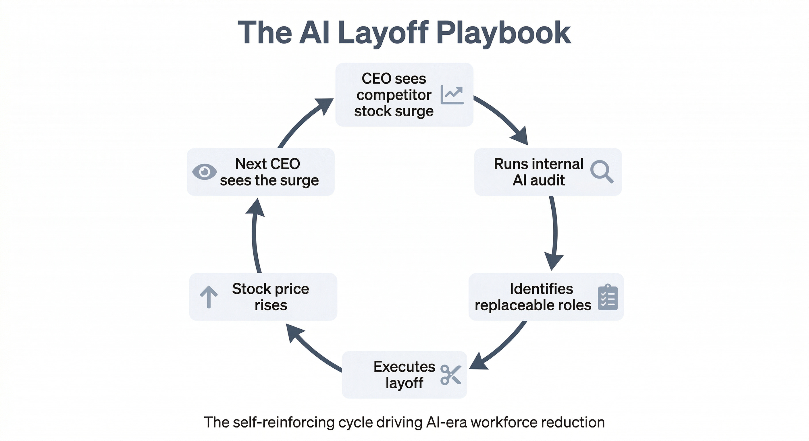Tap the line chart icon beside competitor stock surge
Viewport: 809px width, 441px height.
point(452,94)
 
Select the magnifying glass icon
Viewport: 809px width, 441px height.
point(601,171)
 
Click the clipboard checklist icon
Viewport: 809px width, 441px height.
point(608,297)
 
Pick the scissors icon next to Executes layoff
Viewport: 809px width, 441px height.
point(451,374)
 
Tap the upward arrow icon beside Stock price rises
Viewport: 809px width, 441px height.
point(209,297)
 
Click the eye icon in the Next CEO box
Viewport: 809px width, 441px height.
point(204,172)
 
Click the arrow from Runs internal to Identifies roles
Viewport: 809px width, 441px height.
point(555,232)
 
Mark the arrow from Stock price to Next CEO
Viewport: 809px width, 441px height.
point(255,235)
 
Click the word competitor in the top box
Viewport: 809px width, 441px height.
point(394,95)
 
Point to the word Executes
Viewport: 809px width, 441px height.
point(404,367)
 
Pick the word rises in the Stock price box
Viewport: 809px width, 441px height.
point(271,305)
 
